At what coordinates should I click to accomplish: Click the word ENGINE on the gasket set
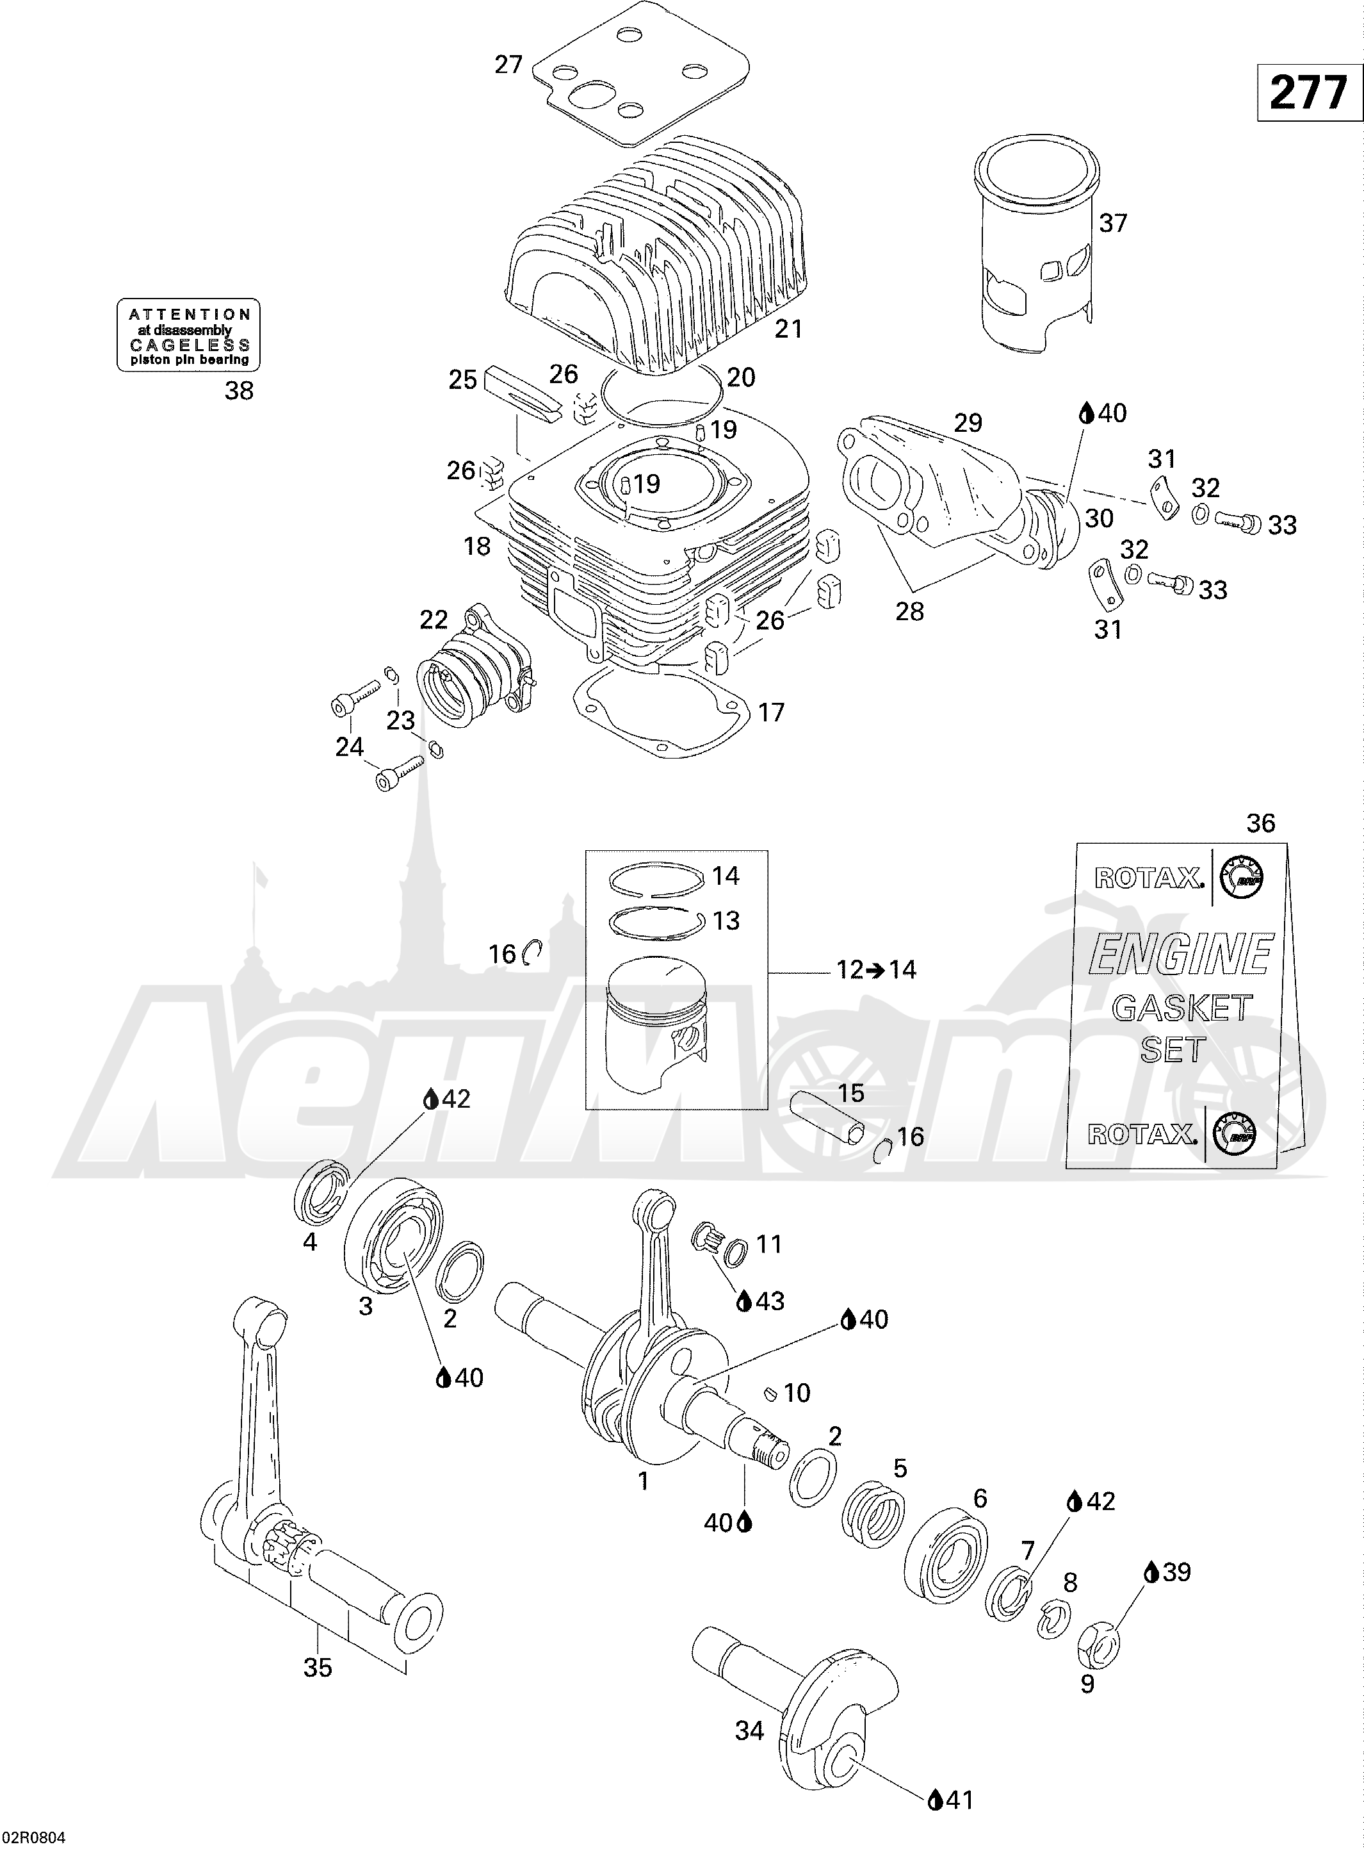point(1181,955)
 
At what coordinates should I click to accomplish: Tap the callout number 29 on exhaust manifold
point(968,422)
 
